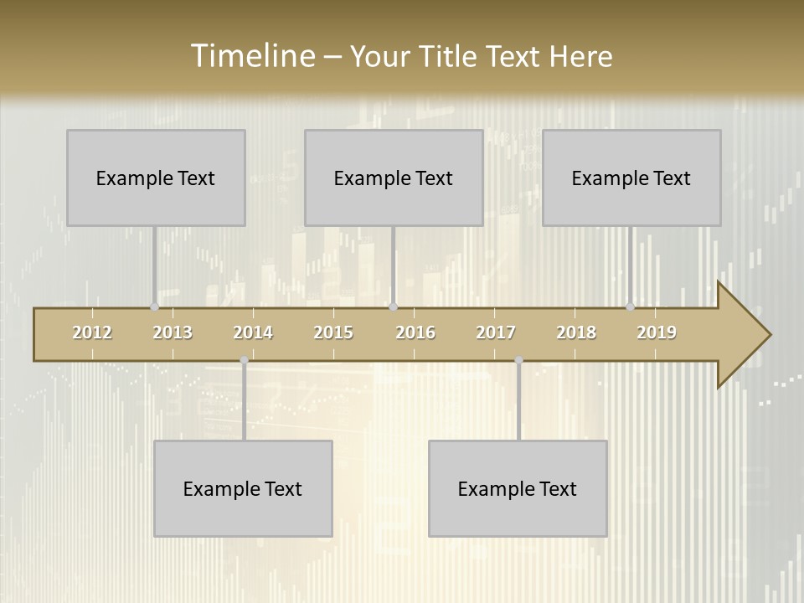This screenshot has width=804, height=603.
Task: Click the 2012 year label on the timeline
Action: (92, 332)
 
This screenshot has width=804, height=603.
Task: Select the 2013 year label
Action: (173, 332)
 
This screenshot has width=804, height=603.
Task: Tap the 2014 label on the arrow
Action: (253, 332)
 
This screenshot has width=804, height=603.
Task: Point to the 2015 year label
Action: (333, 332)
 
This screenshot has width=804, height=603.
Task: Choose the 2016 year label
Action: (415, 332)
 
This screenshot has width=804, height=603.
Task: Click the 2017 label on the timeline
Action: (496, 332)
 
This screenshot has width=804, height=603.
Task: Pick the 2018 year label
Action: (576, 332)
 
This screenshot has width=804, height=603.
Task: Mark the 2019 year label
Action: (657, 332)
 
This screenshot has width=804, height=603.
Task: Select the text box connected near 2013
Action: (156, 178)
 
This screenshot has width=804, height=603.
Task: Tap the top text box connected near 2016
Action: (394, 178)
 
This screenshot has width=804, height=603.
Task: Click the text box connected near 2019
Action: (631, 178)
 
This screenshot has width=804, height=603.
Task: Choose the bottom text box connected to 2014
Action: (243, 488)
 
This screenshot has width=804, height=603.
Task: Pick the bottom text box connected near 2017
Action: (518, 488)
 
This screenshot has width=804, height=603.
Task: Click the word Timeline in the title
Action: (250, 56)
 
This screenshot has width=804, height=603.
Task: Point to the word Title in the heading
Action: (448, 56)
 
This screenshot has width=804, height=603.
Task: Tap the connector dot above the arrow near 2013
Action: (154, 307)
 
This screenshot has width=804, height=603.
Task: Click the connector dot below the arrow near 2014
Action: (244, 361)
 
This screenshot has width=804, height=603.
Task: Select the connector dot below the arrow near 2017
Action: (518, 361)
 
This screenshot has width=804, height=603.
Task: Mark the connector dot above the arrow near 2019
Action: (630, 307)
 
